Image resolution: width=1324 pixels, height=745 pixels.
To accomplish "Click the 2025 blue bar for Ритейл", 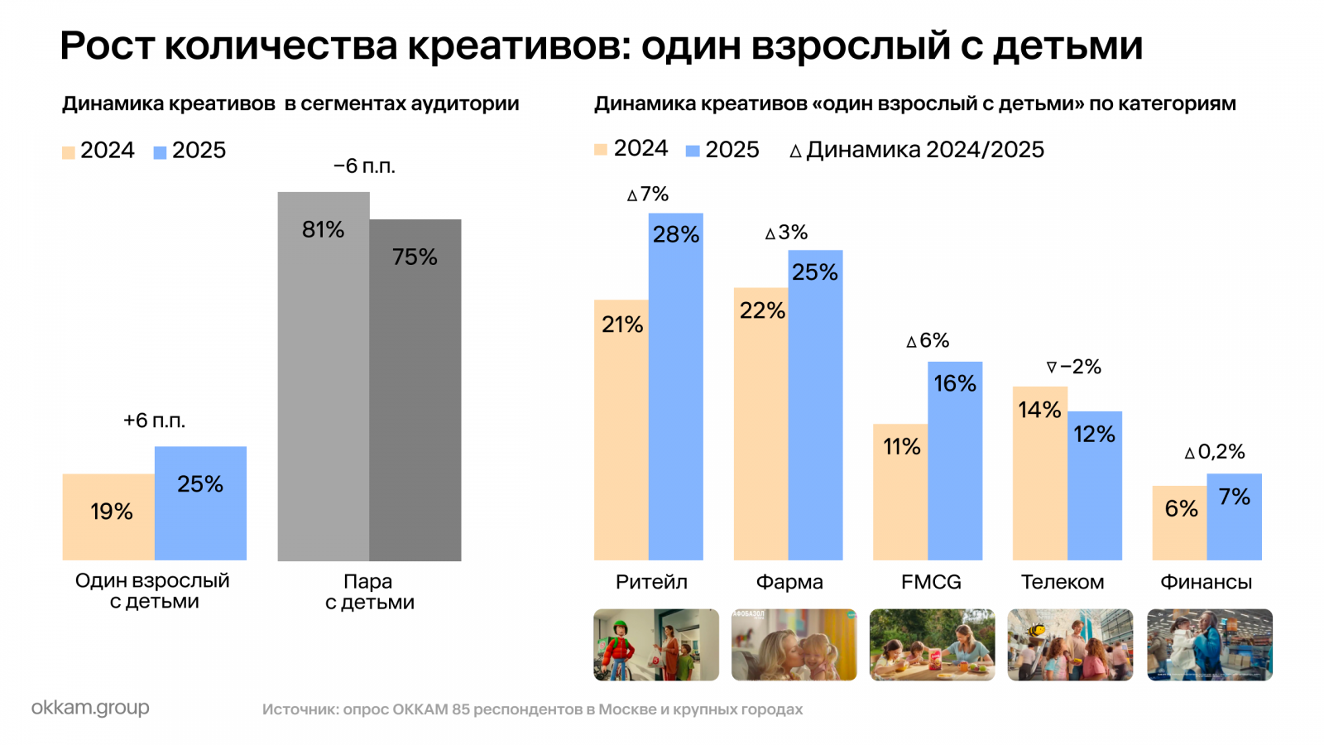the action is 675,387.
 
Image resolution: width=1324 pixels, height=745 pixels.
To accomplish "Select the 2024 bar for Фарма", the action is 760,424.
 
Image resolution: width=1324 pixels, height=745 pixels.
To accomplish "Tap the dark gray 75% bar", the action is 415,390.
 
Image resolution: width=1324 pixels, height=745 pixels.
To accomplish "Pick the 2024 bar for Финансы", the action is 1179,523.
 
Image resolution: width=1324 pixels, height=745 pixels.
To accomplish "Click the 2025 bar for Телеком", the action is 1095,486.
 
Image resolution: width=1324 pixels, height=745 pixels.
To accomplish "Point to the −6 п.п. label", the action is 364,166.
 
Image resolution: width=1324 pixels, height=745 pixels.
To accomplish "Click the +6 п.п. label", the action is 154,421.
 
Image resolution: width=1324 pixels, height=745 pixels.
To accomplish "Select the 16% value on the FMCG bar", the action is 955,384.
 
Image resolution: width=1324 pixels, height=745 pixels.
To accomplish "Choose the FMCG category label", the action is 931,583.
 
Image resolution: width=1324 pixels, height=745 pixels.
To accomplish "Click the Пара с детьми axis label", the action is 369,592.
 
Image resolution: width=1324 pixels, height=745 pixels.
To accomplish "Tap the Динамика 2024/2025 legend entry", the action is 917,150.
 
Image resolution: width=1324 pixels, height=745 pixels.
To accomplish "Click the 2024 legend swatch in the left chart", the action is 69,152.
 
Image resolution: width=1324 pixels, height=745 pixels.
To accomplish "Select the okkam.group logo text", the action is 90,708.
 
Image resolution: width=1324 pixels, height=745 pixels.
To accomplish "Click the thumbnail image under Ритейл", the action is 656,645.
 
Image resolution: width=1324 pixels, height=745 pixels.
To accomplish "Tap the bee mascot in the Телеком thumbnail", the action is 1035,631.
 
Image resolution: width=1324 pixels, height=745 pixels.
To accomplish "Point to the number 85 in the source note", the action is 461,709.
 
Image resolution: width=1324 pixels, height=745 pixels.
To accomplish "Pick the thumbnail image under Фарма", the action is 794,645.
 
